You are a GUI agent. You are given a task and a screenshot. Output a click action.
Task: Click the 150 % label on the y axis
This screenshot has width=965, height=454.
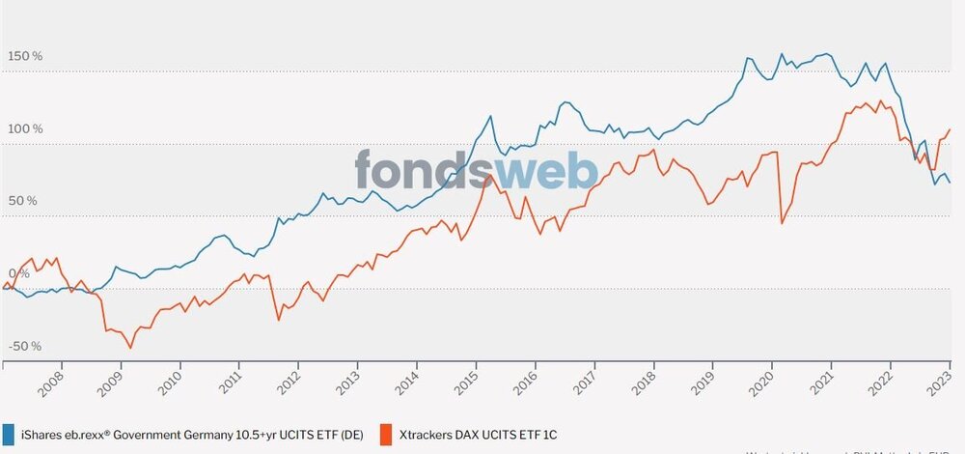[24, 57]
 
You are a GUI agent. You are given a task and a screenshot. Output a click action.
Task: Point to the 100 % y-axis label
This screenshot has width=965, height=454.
[24, 129]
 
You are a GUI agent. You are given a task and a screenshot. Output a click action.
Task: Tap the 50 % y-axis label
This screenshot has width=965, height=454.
[21, 201]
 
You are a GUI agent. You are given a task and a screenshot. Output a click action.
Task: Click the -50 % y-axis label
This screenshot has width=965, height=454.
[23, 346]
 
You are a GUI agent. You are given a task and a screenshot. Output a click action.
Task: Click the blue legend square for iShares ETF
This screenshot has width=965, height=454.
[9, 434]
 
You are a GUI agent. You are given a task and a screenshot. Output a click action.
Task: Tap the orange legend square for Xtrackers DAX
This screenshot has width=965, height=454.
[386, 434]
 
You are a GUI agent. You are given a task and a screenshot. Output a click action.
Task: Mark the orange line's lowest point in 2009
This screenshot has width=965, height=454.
[130, 348]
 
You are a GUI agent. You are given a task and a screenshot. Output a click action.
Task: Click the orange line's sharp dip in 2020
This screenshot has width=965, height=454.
[781, 223]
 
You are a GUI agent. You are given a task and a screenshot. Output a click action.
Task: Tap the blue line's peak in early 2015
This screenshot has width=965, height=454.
[490, 116]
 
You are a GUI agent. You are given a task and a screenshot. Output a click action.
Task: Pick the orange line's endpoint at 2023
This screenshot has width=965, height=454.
[951, 129]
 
